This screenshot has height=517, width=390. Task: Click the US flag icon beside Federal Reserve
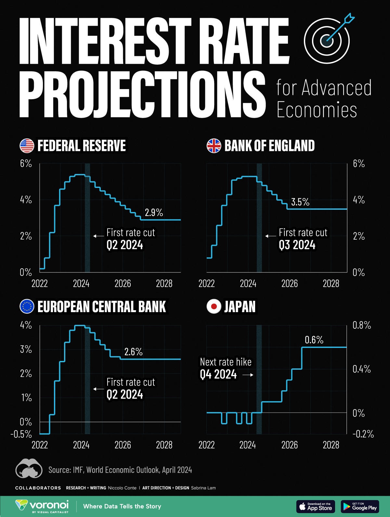27,146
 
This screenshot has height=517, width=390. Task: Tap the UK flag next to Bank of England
214,146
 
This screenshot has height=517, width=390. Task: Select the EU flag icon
27,306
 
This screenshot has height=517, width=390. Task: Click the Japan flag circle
214,306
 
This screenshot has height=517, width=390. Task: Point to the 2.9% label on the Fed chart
154,213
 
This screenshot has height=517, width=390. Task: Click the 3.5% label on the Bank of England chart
300,202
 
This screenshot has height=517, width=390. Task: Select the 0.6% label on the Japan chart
314,340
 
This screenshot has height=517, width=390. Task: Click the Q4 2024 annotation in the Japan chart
218,375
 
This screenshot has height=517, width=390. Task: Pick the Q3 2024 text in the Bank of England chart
297,245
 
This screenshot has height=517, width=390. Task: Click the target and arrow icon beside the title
327,38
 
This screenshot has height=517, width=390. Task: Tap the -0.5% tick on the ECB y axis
21,434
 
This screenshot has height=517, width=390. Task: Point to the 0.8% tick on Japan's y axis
362,325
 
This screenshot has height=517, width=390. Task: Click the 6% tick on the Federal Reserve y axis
26,164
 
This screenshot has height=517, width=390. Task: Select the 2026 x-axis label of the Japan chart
289,445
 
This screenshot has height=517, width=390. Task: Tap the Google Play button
360,507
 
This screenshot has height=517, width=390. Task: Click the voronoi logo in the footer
42,506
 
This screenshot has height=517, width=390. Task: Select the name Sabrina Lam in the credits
203,488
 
